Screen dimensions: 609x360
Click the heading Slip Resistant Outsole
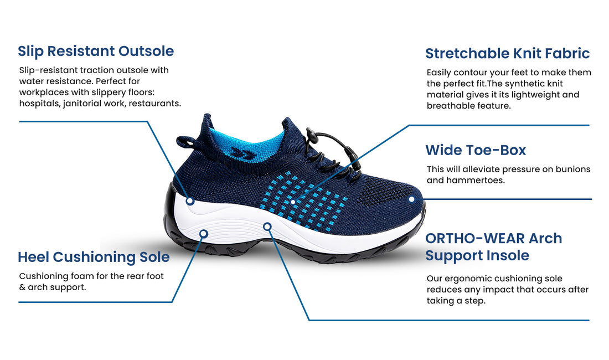96,51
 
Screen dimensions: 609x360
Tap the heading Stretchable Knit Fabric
507,53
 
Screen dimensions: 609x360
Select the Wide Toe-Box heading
476,150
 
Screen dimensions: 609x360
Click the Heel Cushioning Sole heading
94,256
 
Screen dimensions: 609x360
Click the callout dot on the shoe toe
412,199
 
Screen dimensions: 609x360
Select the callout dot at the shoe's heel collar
190,201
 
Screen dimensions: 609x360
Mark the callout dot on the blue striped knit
293,202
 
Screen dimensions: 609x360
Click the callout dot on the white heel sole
204,234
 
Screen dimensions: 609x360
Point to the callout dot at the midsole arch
267,227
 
